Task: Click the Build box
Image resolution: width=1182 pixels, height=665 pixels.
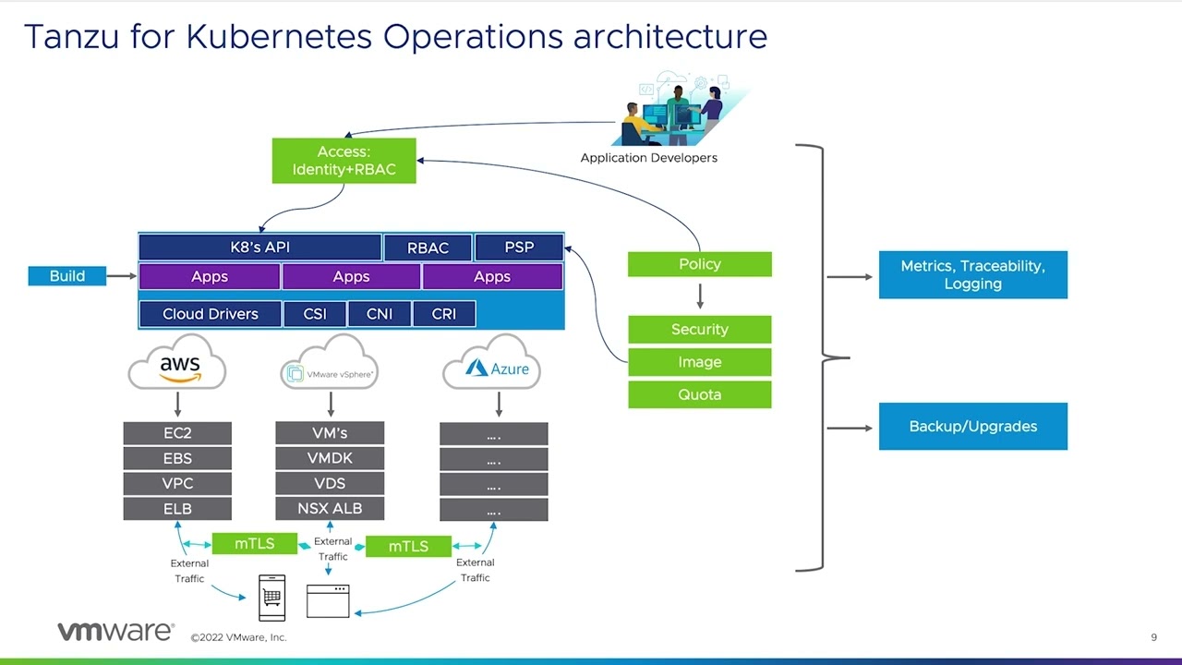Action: tap(67, 276)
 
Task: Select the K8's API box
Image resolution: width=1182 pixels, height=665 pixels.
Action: tap(260, 247)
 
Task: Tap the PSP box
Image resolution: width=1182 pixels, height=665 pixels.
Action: tap(519, 247)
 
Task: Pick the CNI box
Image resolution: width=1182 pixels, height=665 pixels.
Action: tap(380, 314)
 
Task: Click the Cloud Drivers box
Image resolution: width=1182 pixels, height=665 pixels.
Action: tap(210, 314)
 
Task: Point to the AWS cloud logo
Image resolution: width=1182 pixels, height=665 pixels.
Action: tap(177, 362)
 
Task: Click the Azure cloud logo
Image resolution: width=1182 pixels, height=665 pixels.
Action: tap(492, 362)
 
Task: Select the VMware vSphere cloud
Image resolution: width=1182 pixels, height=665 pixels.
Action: tap(330, 362)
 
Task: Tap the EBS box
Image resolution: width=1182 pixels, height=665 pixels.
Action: tap(177, 458)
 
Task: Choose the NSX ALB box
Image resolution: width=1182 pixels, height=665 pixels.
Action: tap(330, 508)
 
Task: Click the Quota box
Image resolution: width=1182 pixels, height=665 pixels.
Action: tap(700, 394)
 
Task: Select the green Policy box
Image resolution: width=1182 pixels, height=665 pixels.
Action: tap(700, 264)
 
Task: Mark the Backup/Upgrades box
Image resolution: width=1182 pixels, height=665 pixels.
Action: tap(973, 427)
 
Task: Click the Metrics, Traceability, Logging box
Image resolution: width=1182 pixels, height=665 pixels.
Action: tap(973, 275)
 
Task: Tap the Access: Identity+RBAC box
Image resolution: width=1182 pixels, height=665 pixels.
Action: tap(344, 161)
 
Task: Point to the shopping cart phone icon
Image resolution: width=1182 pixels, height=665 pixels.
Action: tap(271, 598)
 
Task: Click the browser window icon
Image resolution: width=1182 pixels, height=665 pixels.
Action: tap(328, 600)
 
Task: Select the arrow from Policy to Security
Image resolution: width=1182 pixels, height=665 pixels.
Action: tap(700, 296)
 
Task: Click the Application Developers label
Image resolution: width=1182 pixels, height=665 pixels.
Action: tap(648, 158)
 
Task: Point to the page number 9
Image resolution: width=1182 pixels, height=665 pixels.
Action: tap(1153, 637)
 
